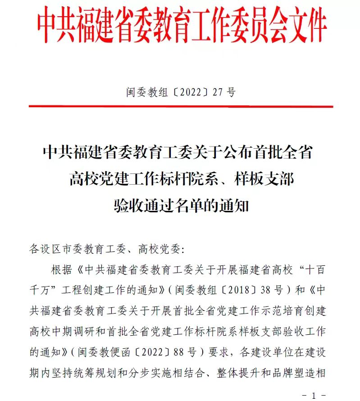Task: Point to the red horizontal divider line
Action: tap(180, 107)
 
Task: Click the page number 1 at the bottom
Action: tap(314, 396)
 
